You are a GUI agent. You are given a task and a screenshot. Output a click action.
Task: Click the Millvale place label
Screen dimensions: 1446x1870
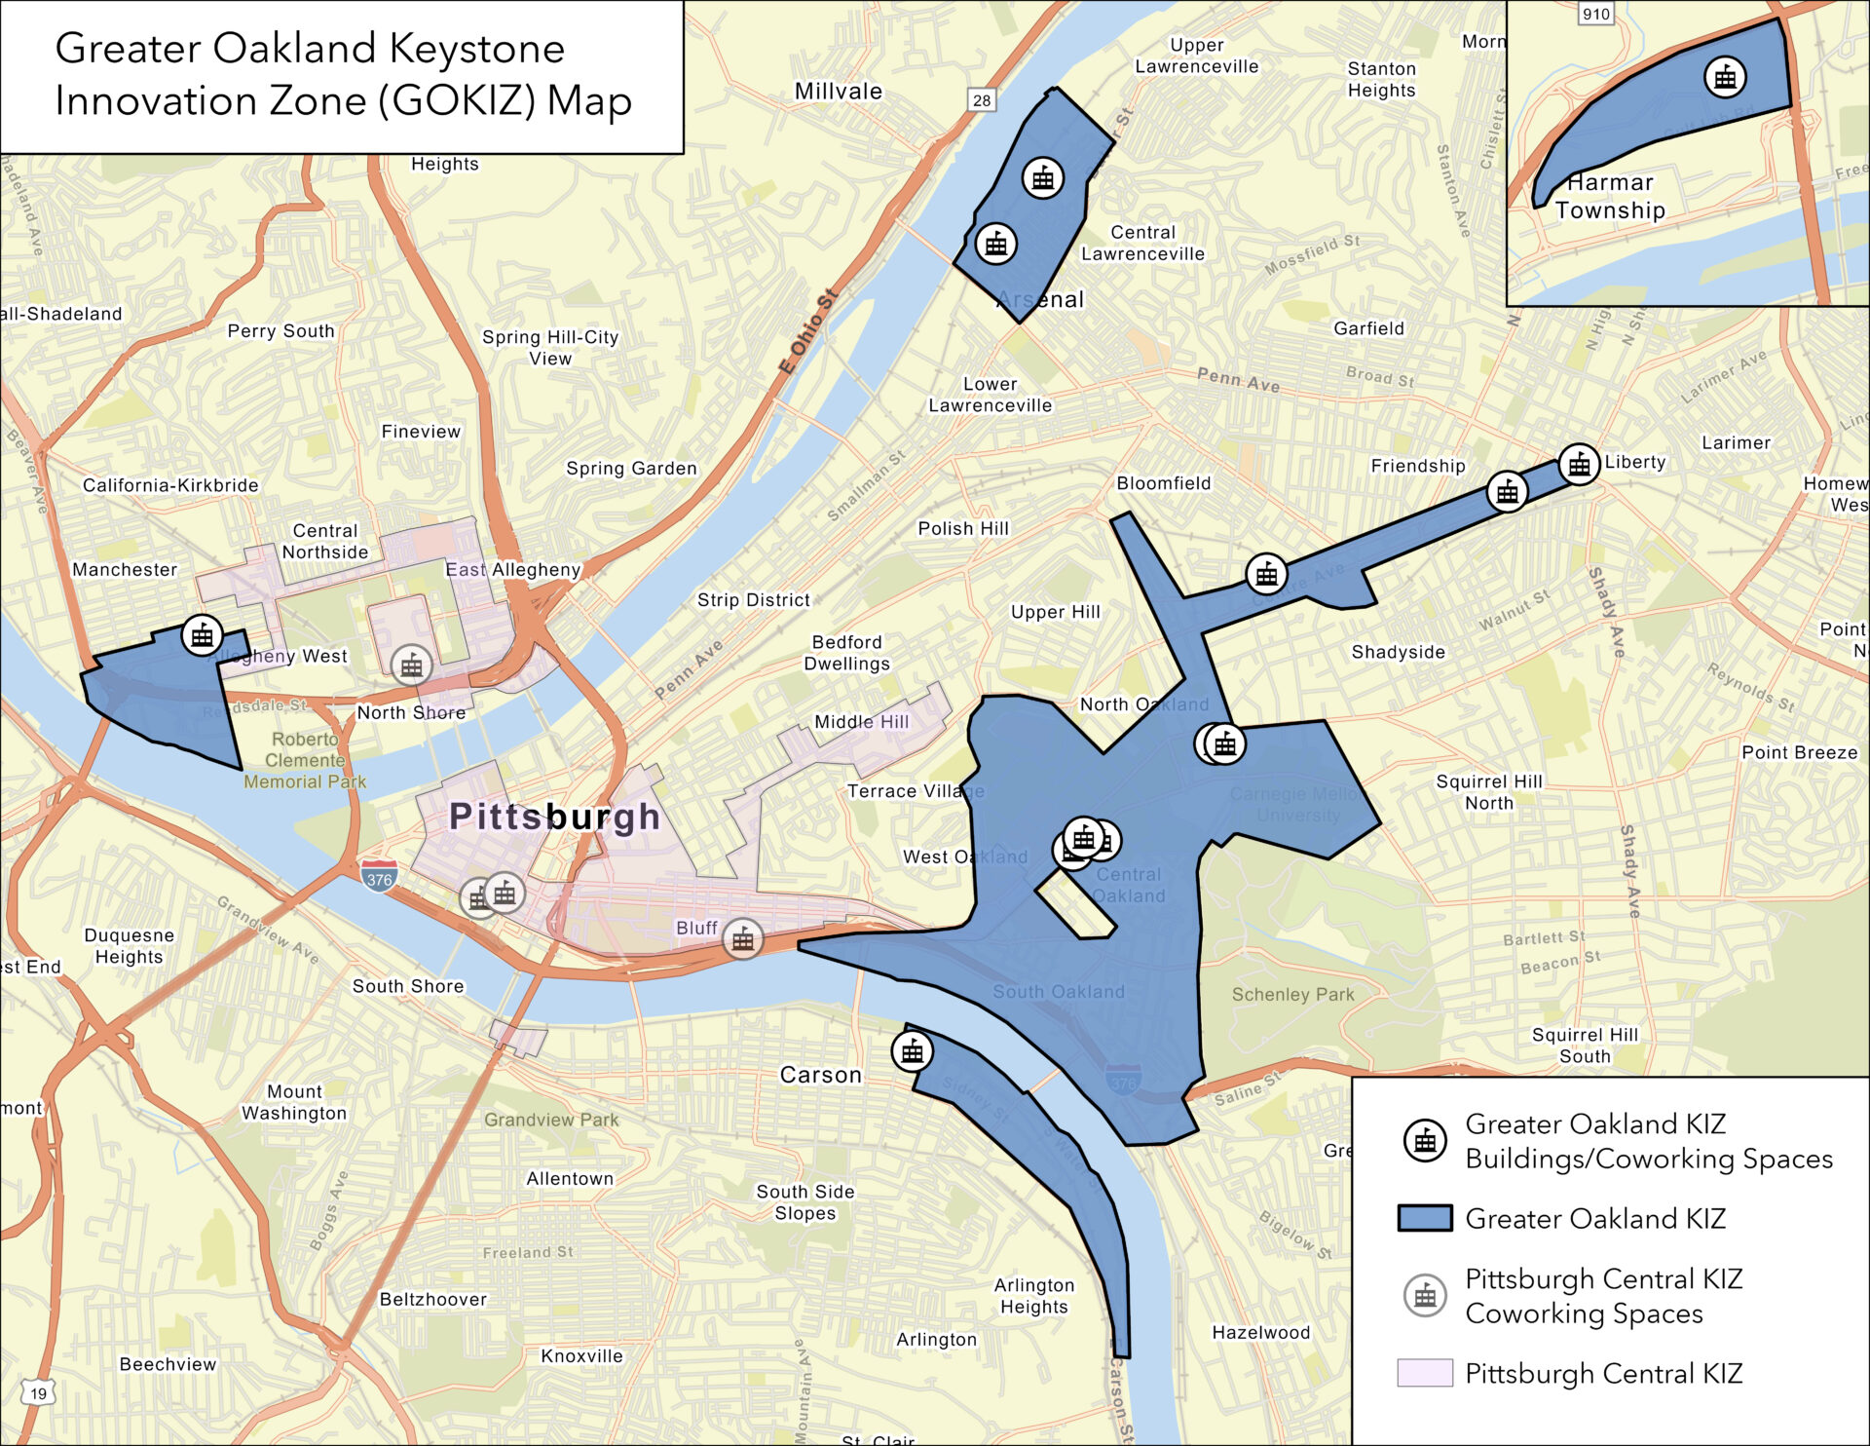click(838, 92)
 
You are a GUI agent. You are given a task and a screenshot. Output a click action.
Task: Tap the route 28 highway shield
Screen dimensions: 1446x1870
click(981, 99)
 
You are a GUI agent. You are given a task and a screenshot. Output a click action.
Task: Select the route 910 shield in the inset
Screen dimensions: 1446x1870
click(1595, 14)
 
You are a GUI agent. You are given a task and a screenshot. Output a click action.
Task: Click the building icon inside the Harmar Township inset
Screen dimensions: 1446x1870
click(1725, 77)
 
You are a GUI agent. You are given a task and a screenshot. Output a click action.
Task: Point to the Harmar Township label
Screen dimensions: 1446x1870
click(1610, 196)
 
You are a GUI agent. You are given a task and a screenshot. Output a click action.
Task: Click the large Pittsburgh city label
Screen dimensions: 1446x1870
click(554, 817)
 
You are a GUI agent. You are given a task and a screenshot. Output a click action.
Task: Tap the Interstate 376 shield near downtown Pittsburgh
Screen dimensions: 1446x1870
click(379, 878)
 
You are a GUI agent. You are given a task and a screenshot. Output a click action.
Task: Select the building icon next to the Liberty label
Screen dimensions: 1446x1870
click(1579, 465)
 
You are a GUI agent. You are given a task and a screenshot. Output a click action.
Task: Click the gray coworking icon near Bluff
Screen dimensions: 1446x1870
click(743, 939)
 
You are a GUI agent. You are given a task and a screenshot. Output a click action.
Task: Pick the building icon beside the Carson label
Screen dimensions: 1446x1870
click(912, 1051)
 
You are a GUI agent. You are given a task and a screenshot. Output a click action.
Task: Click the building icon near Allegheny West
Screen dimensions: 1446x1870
click(202, 636)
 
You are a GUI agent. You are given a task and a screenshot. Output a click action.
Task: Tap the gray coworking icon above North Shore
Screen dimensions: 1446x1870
click(411, 666)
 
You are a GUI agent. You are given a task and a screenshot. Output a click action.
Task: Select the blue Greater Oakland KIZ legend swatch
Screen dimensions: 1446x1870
click(1424, 1218)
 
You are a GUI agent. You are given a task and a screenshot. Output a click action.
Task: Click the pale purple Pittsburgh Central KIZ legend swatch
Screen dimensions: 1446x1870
click(1424, 1373)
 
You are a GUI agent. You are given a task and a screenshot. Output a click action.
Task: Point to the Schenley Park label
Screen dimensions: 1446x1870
click(1292, 995)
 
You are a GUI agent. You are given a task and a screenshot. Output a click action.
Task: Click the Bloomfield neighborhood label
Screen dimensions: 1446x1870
click(1163, 483)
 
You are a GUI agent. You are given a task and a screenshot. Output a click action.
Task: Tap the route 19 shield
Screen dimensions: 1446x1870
click(38, 1393)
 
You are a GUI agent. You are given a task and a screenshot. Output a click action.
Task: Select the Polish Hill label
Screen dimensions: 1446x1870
click(963, 528)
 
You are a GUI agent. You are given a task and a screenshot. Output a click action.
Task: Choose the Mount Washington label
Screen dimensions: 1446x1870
click(293, 1102)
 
